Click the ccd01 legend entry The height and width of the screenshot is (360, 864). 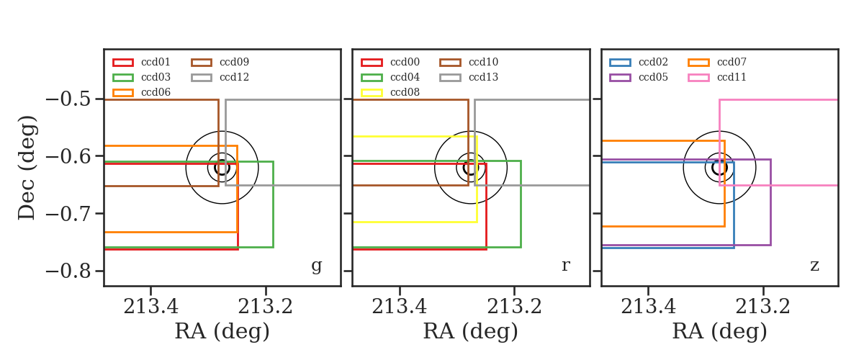coord(141,62)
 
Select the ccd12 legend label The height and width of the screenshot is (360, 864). coord(234,77)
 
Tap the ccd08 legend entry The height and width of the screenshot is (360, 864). coord(390,92)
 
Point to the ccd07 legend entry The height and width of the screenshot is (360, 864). coord(717,62)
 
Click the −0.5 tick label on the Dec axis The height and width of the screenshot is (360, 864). coord(68,99)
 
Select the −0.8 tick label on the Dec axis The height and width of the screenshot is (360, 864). coord(68,271)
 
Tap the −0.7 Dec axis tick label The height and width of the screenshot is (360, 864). coord(68,214)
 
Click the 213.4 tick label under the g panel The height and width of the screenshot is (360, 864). coord(150,307)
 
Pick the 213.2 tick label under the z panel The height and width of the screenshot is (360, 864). coord(762,307)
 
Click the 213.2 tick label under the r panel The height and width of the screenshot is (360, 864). coord(514,307)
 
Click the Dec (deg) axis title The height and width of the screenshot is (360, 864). coord(27,168)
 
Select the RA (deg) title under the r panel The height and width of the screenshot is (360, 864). coord(471,332)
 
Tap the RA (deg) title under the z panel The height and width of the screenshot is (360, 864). coord(720,332)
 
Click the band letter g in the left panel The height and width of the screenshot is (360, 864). coord(316,266)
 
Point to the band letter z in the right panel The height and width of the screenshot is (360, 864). coord(814,266)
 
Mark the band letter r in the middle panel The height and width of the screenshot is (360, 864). coord(566,266)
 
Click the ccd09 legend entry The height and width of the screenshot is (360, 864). coord(220,62)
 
